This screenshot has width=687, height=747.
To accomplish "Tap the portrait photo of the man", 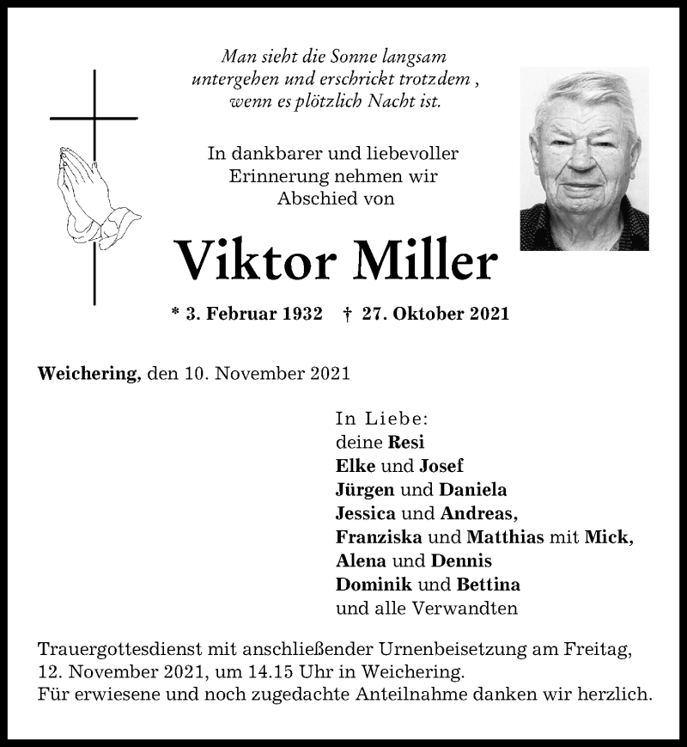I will [x=584, y=159].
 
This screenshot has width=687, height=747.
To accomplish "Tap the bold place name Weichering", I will [x=88, y=374].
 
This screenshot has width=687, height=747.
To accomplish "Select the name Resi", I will [x=406, y=442].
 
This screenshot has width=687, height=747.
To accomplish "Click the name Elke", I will [x=356, y=466].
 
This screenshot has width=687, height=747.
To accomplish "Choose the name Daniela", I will [x=473, y=490].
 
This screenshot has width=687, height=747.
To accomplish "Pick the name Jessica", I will [x=366, y=513].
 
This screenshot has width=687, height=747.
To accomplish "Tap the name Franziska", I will [x=379, y=537].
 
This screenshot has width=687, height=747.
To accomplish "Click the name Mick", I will [x=608, y=537].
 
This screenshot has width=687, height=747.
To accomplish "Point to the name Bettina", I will [x=488, y=585].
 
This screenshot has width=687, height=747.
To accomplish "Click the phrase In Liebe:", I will [x=381, y=419].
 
